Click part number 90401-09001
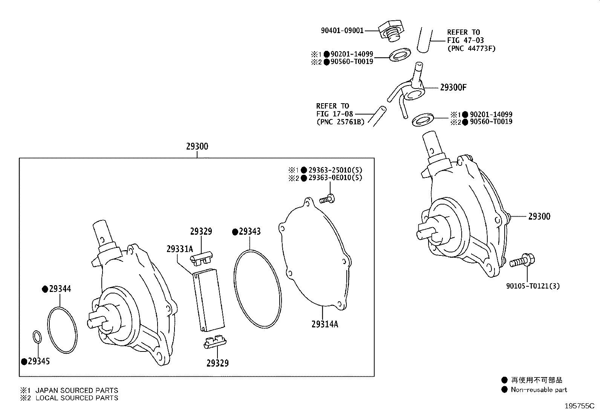(342, 31)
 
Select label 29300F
(453, 87)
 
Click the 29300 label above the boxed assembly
(197, 147)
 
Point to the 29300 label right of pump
(539, 216)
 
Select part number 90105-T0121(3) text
(533, 286)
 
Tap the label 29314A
(324, 324)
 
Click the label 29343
(249, 232)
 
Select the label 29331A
(179, 249)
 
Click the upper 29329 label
(201, 232)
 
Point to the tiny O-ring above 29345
(37, 336)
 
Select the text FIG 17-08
(332, 114)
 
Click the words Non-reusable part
(539, 390)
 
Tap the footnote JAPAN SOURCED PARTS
(77, 390)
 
